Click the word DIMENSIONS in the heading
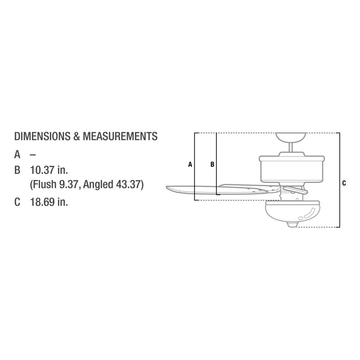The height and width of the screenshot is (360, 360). pyautogui.click(x=42, y=136)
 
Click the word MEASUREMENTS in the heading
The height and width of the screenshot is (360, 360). pyautogui.click(x=120, y=136)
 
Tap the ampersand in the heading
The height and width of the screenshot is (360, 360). pyautogui.click(x=77, y=136)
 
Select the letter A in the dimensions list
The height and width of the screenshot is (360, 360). pyautogui.click(x=17, y=154)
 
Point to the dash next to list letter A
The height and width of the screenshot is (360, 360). pyautogui.click(x=33, y=155)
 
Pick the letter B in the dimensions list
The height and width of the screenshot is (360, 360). pyautogui.click(x=17, y=170)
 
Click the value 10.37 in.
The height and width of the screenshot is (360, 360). pyautogui.click(x=49, y=170)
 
